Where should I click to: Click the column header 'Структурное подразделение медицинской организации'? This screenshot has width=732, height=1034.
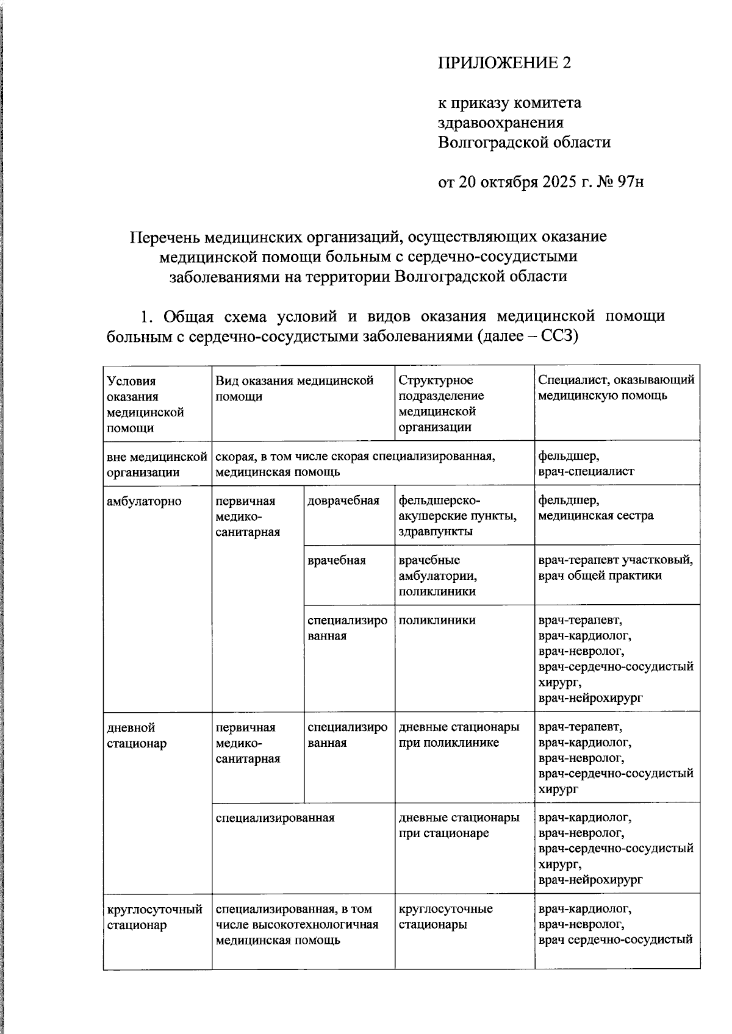(441, 404)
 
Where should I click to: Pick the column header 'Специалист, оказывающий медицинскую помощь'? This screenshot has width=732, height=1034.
(616, 388)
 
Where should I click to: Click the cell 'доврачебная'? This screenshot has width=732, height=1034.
(343, 501)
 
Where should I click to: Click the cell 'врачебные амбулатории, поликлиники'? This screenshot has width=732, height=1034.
(437, 576)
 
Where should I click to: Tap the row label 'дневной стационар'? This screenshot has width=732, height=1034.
(137, 735)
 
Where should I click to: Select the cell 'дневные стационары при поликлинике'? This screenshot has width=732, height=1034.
(459, 735)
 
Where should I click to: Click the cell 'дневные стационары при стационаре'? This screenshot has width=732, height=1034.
(459, 825)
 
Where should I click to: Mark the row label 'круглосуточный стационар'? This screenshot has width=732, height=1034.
(154, 917)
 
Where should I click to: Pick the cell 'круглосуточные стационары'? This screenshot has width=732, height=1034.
(445, 916)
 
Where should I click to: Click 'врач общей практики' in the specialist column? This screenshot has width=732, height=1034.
(600, 576)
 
